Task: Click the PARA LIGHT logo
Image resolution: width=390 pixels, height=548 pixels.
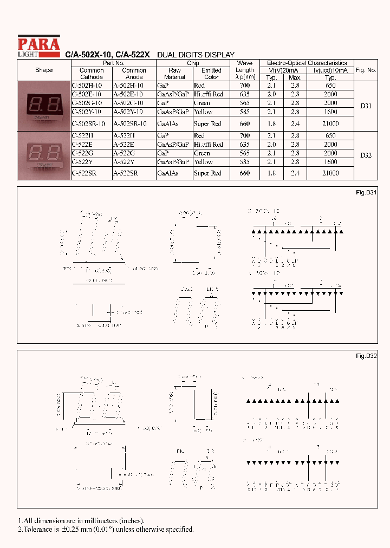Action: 38,46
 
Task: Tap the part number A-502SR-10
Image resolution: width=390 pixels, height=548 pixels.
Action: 128,123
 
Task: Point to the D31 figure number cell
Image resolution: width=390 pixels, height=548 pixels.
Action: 366,106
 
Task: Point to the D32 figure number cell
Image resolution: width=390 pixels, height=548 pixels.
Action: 366,155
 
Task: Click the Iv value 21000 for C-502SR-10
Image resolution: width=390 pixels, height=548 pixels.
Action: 330,123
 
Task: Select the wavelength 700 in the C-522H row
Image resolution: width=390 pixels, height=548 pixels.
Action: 245,135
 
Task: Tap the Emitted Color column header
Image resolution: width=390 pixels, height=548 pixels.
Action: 211,74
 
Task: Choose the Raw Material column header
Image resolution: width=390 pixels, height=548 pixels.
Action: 174,74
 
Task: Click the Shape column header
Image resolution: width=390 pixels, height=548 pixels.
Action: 44,70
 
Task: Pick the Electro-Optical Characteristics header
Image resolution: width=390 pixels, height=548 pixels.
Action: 307,63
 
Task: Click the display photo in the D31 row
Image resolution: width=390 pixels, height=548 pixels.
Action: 44,106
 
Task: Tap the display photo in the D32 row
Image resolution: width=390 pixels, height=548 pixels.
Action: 44,155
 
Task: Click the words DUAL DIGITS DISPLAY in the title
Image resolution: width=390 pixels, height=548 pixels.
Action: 196,55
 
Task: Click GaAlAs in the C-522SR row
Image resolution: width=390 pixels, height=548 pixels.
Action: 168,173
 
